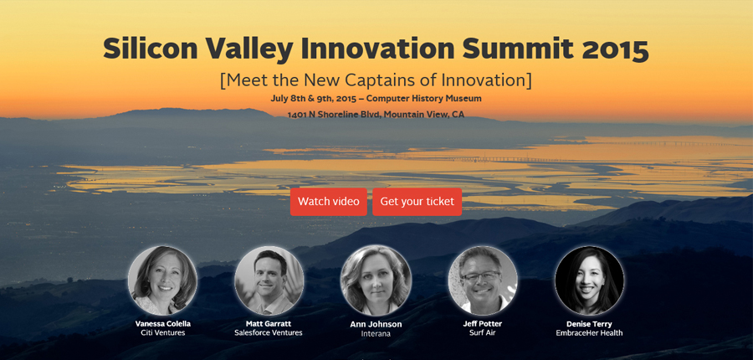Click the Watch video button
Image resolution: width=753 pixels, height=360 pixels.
pyautogui.click(x=329, y=202)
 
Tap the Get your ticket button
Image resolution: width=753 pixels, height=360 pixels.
pyautogui.click(x=417, y=202)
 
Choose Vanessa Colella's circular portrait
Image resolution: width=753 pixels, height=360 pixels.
pyautogui.click(x=163, y=280)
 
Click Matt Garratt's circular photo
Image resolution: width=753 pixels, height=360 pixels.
pyautogui.click(x=269, y=280)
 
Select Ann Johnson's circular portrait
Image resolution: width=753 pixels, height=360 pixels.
pyautogui.click(x=376, y=280)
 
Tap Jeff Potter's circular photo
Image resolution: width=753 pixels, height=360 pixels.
pyautogui.click(x=483, y=280)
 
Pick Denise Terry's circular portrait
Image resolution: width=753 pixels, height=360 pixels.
pyautogui.click(x=589, y=280)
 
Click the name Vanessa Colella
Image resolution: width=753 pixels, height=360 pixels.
pyautogui.click(x=163, y=324)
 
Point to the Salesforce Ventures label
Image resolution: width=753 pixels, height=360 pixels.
pyautogui.click(x=269, y=332)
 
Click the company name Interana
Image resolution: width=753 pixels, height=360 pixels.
pyautogui.click(x=376, y=333)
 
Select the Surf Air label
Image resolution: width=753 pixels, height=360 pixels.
pyautogui.click(x=482, y=332)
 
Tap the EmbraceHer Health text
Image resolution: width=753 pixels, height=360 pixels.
pyautogui.click(x=589, y=332)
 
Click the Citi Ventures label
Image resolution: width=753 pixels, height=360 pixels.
pyautogui.click(x=163, y=332)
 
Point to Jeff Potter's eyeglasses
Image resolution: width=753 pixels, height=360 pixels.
pyautogui.click(x=481, y=276)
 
